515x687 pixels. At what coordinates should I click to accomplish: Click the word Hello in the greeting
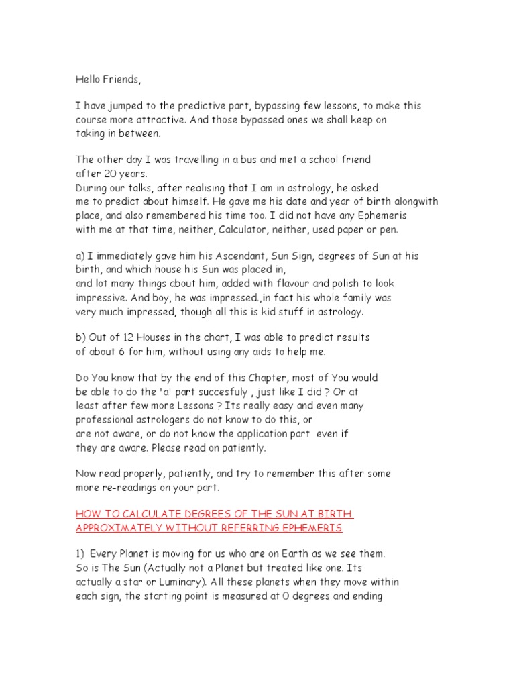(88, 80)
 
